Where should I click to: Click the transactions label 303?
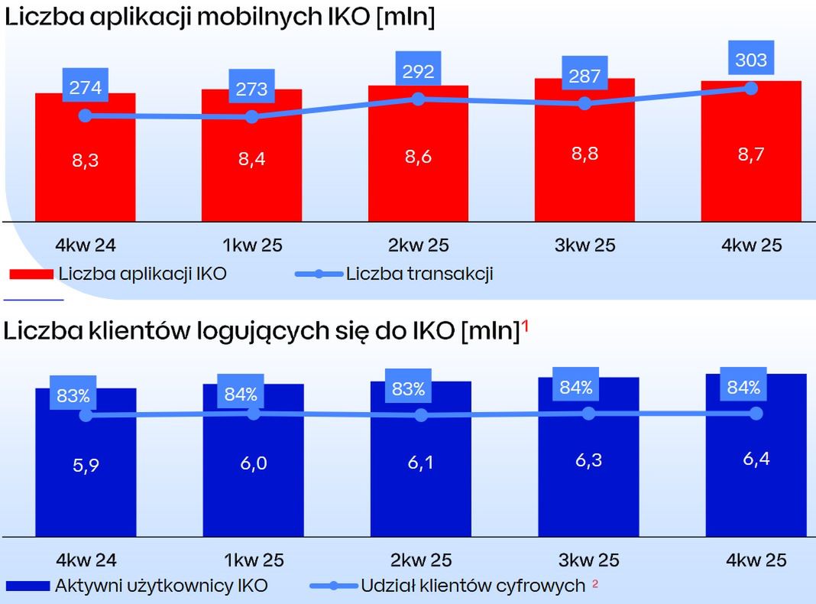coord(750,60)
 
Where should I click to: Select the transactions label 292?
coord(418,72)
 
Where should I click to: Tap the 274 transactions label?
coord(85,88)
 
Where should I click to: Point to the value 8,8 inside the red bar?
coord(584,154)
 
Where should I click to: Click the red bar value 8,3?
coord(85,161)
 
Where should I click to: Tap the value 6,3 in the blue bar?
coord(587,462)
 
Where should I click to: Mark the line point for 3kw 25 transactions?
coord(584,103)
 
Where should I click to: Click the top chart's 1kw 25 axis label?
coord(251,245)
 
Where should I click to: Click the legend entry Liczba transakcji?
coord(419,274)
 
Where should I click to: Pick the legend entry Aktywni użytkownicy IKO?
coord(161,586)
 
